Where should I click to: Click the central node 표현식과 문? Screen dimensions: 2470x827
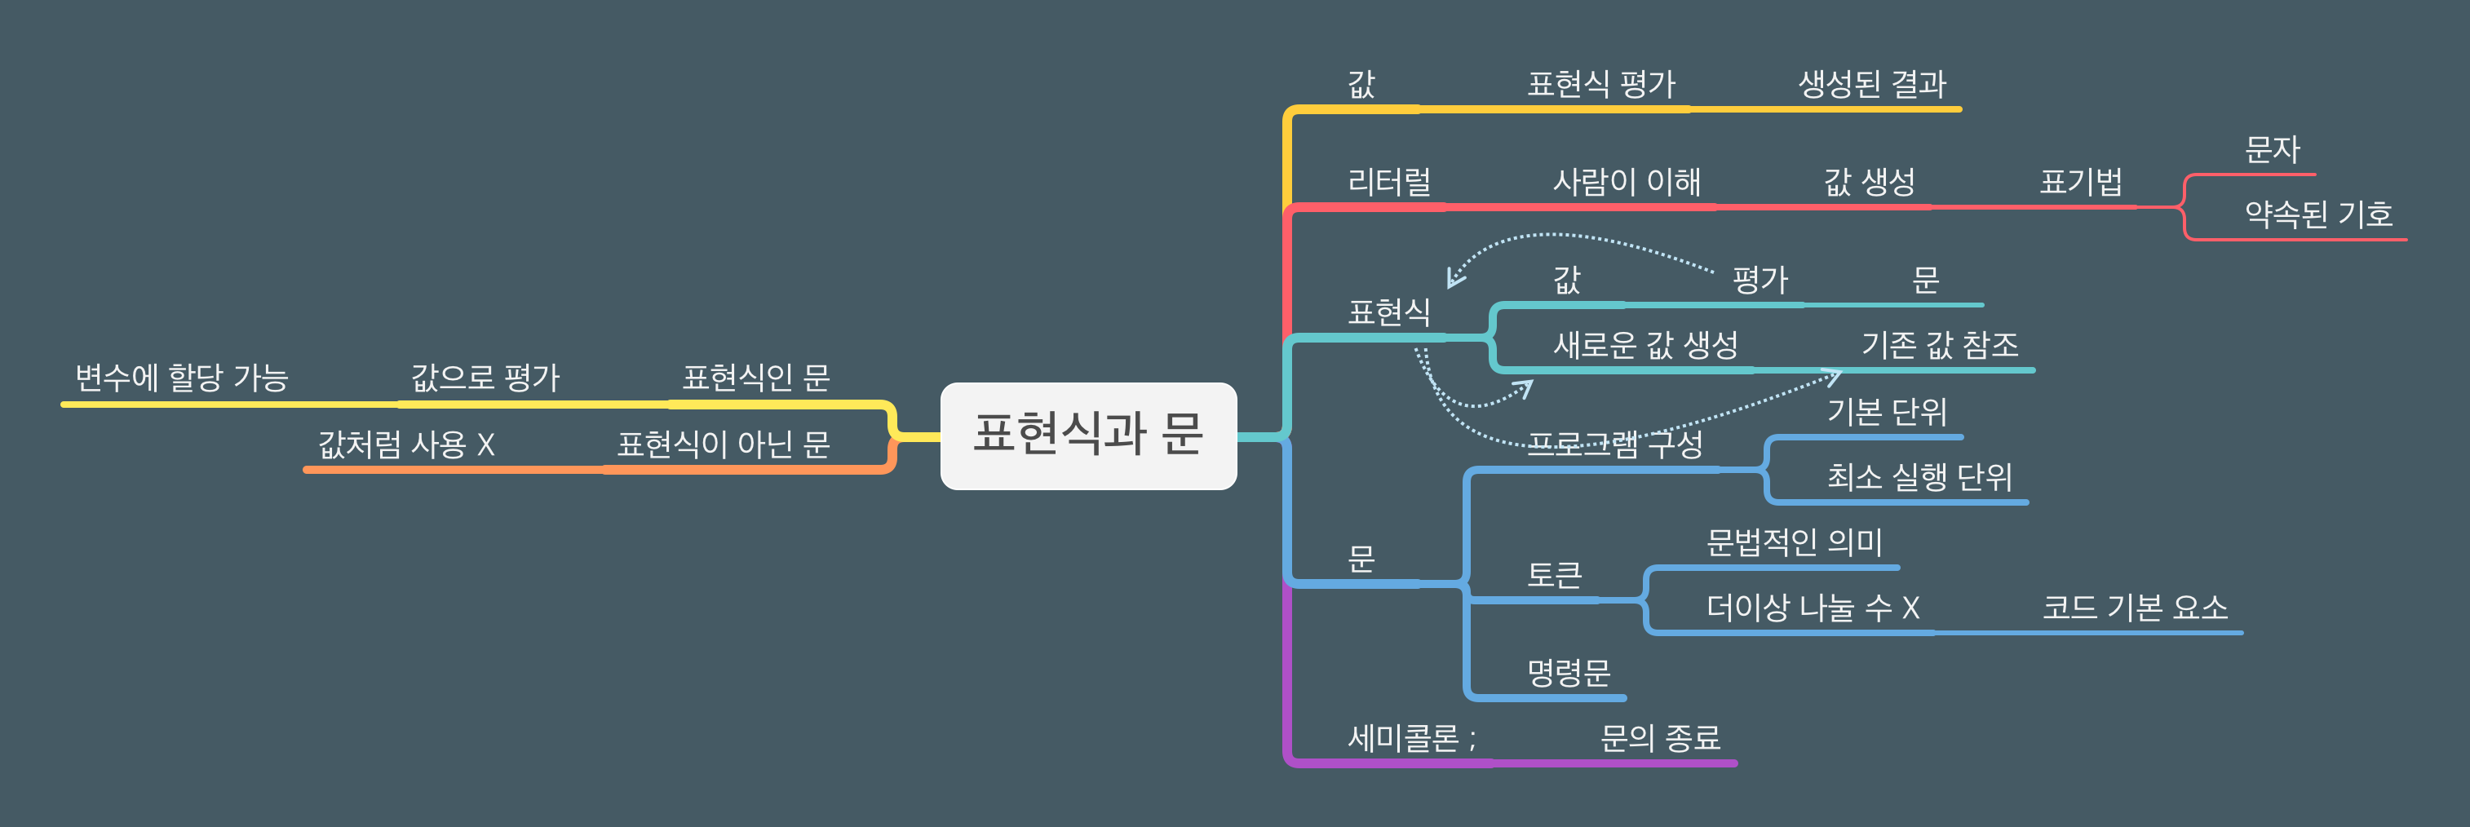pos(1088,435)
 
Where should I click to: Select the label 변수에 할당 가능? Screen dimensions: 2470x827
pos(181,378)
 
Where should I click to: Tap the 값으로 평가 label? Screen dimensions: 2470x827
pos(485,378)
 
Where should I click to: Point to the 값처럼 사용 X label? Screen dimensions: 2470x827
pos(406,444)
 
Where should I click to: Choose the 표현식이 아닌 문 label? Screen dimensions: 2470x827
pos(723,444)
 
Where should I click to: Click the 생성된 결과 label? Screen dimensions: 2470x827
pos(1872,84)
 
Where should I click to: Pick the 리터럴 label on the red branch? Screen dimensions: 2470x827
pos(1388,181)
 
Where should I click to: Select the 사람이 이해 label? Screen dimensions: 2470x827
pos(1627,181)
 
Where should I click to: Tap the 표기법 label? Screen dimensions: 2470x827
pos(2081,181)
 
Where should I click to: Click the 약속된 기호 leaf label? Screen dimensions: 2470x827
pos(2318,214)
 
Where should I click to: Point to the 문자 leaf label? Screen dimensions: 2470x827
pos(2272,149)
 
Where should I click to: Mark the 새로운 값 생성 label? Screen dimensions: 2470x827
pos(1645,344)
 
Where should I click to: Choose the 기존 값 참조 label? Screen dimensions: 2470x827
pos(1940,344)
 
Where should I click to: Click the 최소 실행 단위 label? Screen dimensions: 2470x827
pos(1919,476)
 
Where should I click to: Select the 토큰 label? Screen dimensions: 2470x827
pos(1554,575)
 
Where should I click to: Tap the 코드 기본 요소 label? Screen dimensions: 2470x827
pos(2135,607)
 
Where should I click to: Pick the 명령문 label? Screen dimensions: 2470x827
pos(1569,672)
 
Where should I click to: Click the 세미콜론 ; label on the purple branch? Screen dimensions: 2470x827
pos(1411,737)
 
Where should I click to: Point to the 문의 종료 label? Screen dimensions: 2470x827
pos(1660,737)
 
